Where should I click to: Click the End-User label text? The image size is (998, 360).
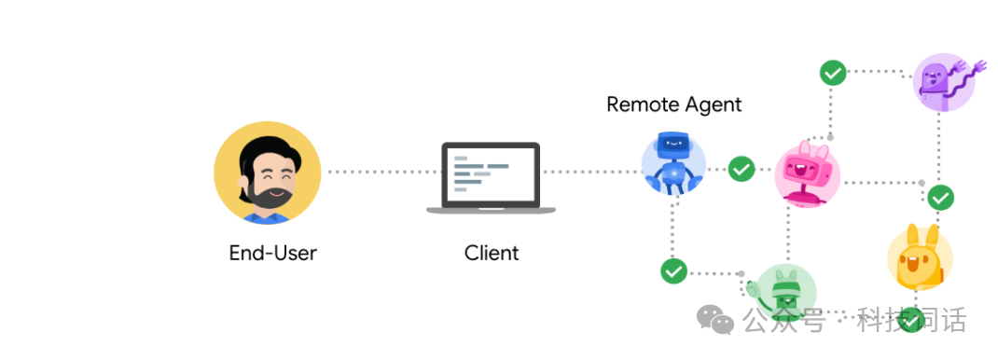[272, 253]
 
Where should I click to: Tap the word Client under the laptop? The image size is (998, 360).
[492, 253]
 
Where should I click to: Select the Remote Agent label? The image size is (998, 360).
[674, 104]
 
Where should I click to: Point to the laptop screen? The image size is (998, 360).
[491, 173]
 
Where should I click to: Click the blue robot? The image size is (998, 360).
[672, 163]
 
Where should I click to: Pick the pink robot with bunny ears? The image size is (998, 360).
[807, 173]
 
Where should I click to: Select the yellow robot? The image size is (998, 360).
[919, 257]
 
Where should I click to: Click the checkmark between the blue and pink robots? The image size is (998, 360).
[742, 169]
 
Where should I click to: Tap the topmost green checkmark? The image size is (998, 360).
[833, 73]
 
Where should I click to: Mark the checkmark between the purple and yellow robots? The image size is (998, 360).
[940, 198]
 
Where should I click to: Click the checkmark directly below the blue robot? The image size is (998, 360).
[673, 271]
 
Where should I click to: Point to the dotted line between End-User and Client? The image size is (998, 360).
[381, 172]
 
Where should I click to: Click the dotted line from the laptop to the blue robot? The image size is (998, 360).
[592, 172]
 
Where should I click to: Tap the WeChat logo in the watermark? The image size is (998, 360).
[715, 319]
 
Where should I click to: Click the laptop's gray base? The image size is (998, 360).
[491, 210]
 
